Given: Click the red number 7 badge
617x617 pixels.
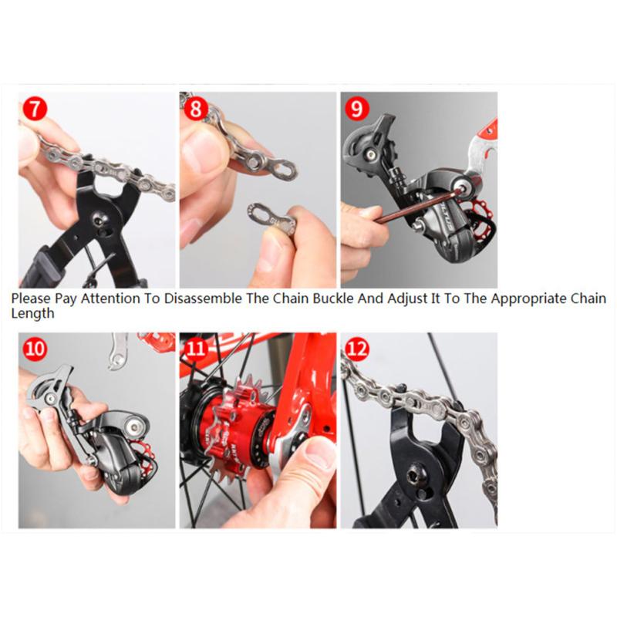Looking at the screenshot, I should (34, 108).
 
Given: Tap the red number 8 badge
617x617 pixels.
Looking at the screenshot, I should (195, 108).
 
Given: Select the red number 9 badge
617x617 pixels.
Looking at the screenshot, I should (356, 108).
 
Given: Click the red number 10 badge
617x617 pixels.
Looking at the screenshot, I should (35, 349).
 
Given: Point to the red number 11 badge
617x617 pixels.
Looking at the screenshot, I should (195, 349).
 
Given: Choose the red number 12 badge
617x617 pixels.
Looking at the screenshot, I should (356, 349).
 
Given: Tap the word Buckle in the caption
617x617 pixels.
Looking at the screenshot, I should (308, 298).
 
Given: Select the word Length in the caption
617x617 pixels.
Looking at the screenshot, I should (32, 314).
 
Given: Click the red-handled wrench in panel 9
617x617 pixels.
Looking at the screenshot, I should (482, 143).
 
